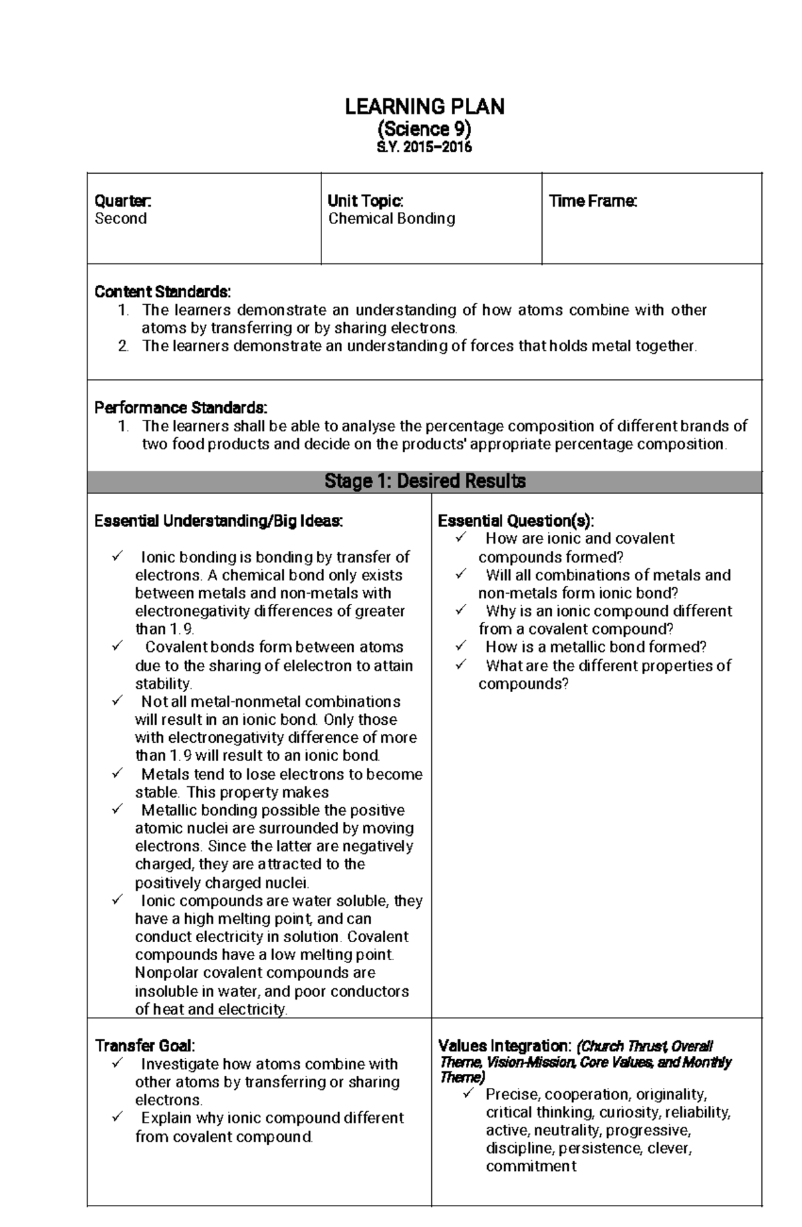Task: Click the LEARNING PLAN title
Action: [424, 106]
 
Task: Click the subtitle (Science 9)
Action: [424, 128]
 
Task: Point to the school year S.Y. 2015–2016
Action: [424, 147]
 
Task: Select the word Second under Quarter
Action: [120, 219]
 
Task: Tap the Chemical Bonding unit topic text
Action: [392, 219]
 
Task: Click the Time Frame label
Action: [592, 201]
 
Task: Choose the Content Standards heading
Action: [162, 292]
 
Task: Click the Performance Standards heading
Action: [180, 407]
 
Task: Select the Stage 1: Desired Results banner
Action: [424, 481]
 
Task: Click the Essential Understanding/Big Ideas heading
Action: [219, 521]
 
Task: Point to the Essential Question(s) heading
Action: [515, 521]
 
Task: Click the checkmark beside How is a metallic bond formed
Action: [461, 646]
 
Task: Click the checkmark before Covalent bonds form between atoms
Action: [118, 646]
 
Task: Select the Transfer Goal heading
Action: [145, 1045]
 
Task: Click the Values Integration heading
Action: [505, 1045]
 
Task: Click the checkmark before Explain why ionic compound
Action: [118, 1117]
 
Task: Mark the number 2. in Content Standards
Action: [123, 346]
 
